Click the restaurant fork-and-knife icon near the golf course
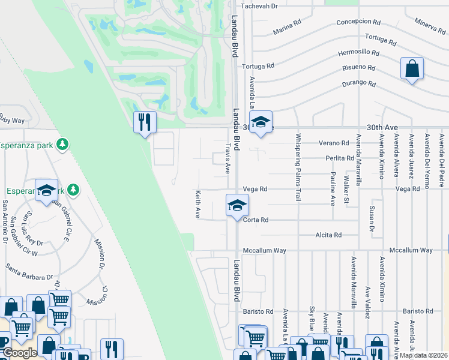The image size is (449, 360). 145,122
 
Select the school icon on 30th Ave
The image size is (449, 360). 261,122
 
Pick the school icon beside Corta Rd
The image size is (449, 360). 237,206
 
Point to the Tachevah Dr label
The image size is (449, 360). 260,6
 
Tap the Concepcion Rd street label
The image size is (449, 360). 359,22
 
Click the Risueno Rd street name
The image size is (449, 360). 358,68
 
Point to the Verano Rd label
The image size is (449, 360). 334,143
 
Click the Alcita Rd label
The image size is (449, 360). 328,235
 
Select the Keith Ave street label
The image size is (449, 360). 197,205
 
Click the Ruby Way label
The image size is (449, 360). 12,119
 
